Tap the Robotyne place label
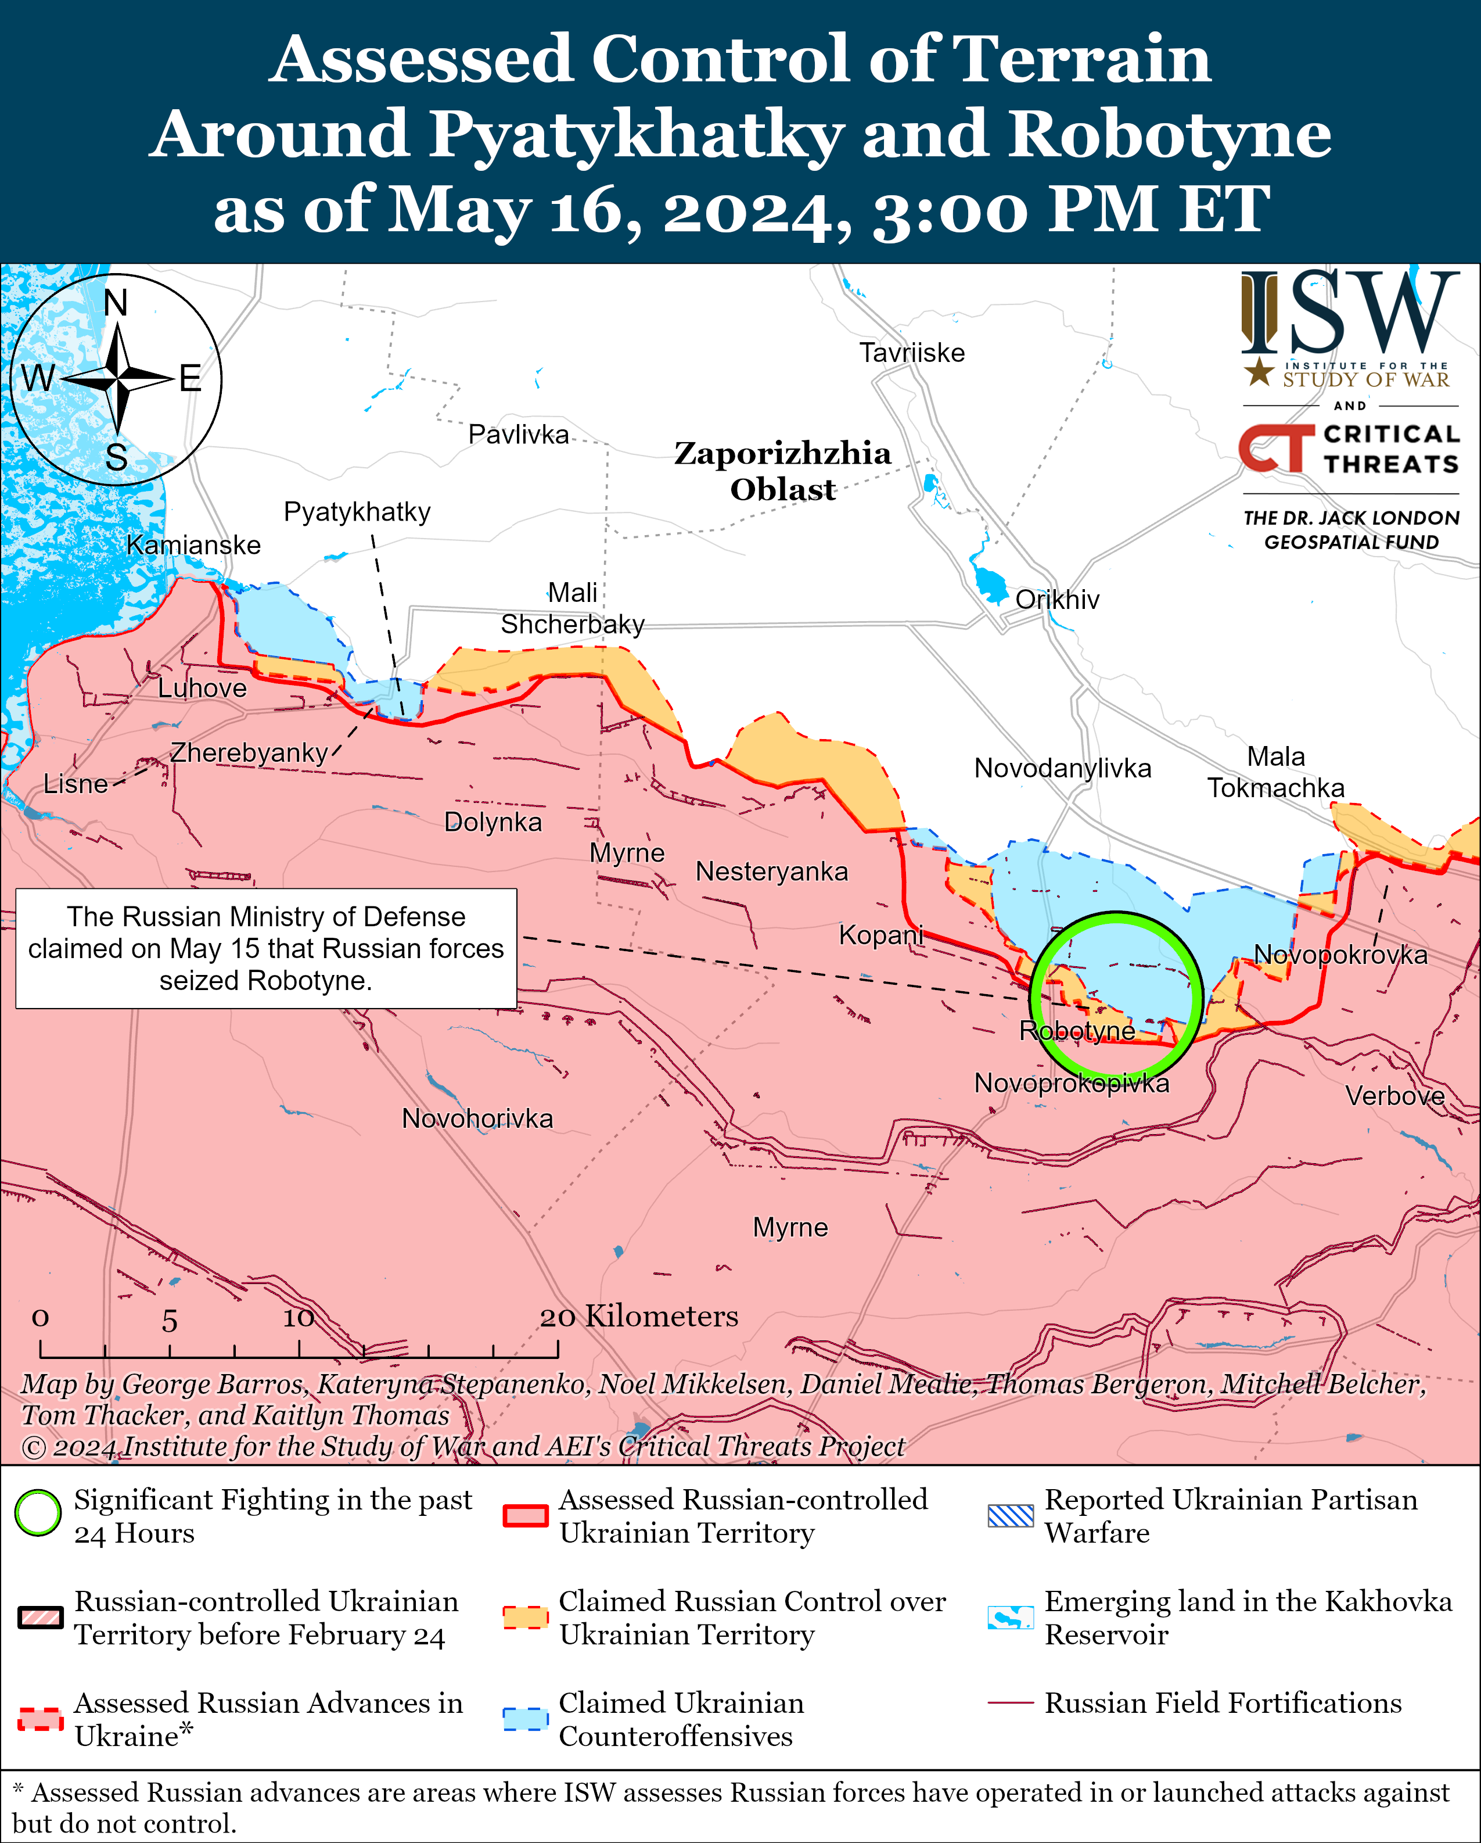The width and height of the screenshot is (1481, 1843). click(x=1077, y=1030)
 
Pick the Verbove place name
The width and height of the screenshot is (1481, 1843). click(x=1394, y=1096)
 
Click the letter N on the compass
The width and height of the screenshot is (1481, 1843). click(x=116, y=303)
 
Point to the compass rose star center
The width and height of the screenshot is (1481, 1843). click(x=117, y=377)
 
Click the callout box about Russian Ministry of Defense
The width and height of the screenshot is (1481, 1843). click(x=266, y=948)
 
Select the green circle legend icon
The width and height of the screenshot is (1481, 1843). click(x=38, y=1512)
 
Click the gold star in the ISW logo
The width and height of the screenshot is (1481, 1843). click(x=1258, y=372)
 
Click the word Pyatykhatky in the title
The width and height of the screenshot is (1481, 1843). click(x=635, y=134)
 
